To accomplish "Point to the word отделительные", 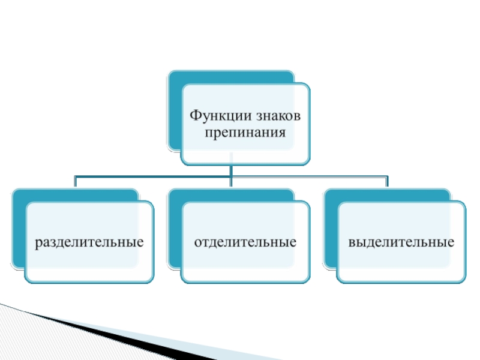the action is [x=245, y=243].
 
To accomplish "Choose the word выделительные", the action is [x=401, y=243].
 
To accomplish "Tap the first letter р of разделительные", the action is [x=37, y=244].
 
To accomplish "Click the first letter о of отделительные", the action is [x=197, y=244].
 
